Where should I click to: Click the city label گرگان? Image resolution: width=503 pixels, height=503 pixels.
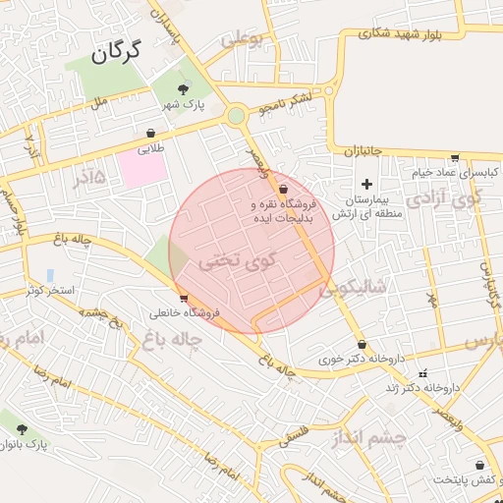117,50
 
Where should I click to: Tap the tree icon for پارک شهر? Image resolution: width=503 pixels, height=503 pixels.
184,90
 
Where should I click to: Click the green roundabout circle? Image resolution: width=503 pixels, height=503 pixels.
236,116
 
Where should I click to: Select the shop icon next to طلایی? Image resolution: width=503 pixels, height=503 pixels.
150,133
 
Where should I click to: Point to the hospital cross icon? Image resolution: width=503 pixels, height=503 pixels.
367,184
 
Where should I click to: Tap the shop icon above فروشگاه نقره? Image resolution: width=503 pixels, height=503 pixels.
284,189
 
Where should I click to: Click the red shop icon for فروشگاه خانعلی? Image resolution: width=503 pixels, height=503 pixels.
184,298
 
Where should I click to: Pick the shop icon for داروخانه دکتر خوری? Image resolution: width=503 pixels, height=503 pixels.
363,345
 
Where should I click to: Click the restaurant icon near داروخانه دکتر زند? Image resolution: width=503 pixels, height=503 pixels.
423,373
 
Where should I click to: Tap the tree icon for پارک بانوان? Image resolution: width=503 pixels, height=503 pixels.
22,429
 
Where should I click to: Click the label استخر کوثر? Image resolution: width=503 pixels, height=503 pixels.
50,292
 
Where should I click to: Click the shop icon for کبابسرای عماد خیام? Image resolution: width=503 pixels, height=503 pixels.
455,157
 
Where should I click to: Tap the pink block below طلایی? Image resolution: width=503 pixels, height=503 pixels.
142,168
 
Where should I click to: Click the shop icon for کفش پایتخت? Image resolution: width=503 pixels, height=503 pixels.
479,466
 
